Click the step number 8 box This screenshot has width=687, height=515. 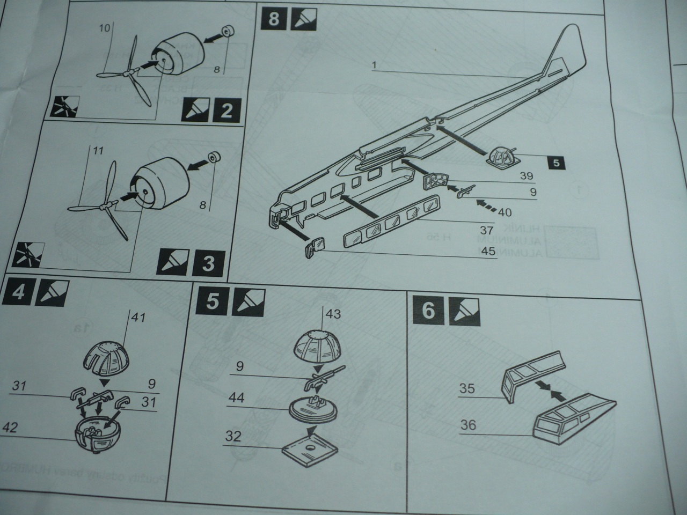pos(273,19)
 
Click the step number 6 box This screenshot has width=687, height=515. pos(428,311)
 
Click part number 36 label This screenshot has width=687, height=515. pos(468,425)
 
